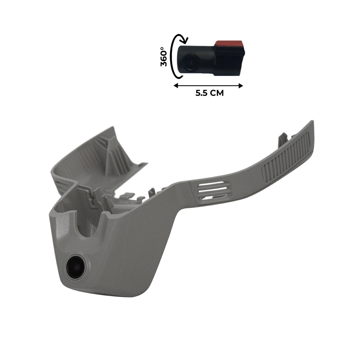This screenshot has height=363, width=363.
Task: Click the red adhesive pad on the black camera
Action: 229,44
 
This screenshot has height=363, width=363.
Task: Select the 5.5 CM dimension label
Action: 209,93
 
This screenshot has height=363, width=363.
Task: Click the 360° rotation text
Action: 164,57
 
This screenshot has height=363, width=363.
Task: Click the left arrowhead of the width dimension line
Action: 176,86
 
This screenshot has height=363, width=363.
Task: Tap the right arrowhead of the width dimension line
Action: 240,86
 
